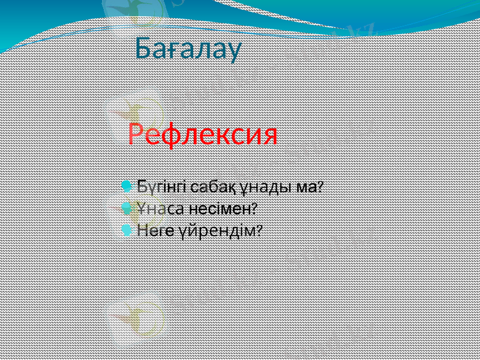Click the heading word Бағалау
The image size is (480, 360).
(x=188, y=48)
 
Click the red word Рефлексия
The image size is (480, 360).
(x=203, y=134)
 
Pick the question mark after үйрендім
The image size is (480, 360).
(x=259, y=230)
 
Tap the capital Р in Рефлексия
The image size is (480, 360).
(x=137, y=134)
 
